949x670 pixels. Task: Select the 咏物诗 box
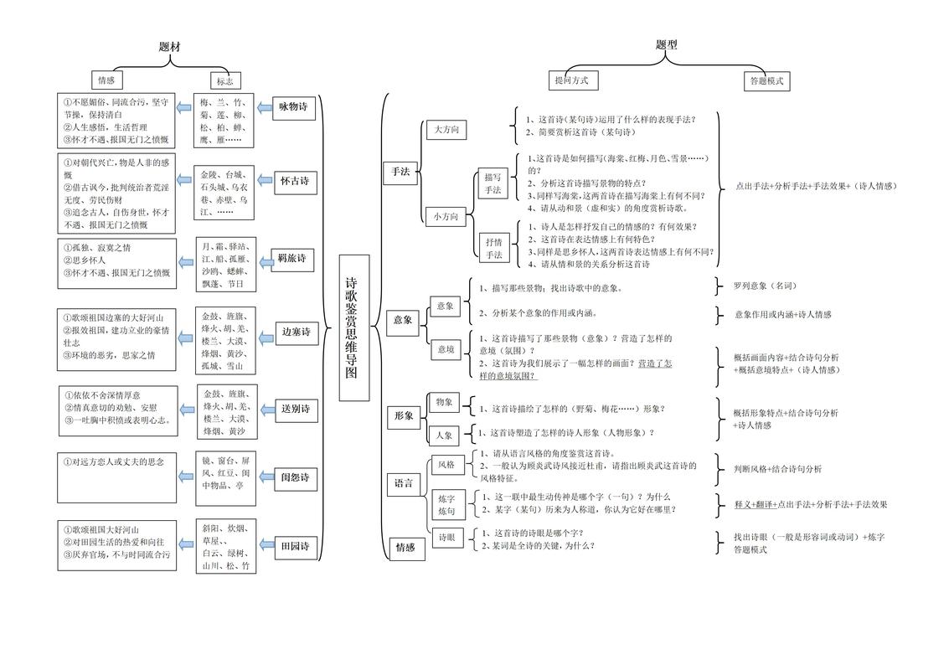(x=293, y=107)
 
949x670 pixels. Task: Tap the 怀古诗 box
(x=293, y=180)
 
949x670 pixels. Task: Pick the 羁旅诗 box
(x=292, y=258)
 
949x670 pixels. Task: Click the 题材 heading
(x=169, y=47)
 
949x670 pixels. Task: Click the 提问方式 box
(x=572, y=80)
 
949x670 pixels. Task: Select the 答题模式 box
(x=766, y=81)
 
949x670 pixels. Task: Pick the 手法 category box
(x=400, y=172)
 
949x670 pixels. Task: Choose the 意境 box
(x=445, y=348)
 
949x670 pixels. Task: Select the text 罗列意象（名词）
(x=766, y=286)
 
